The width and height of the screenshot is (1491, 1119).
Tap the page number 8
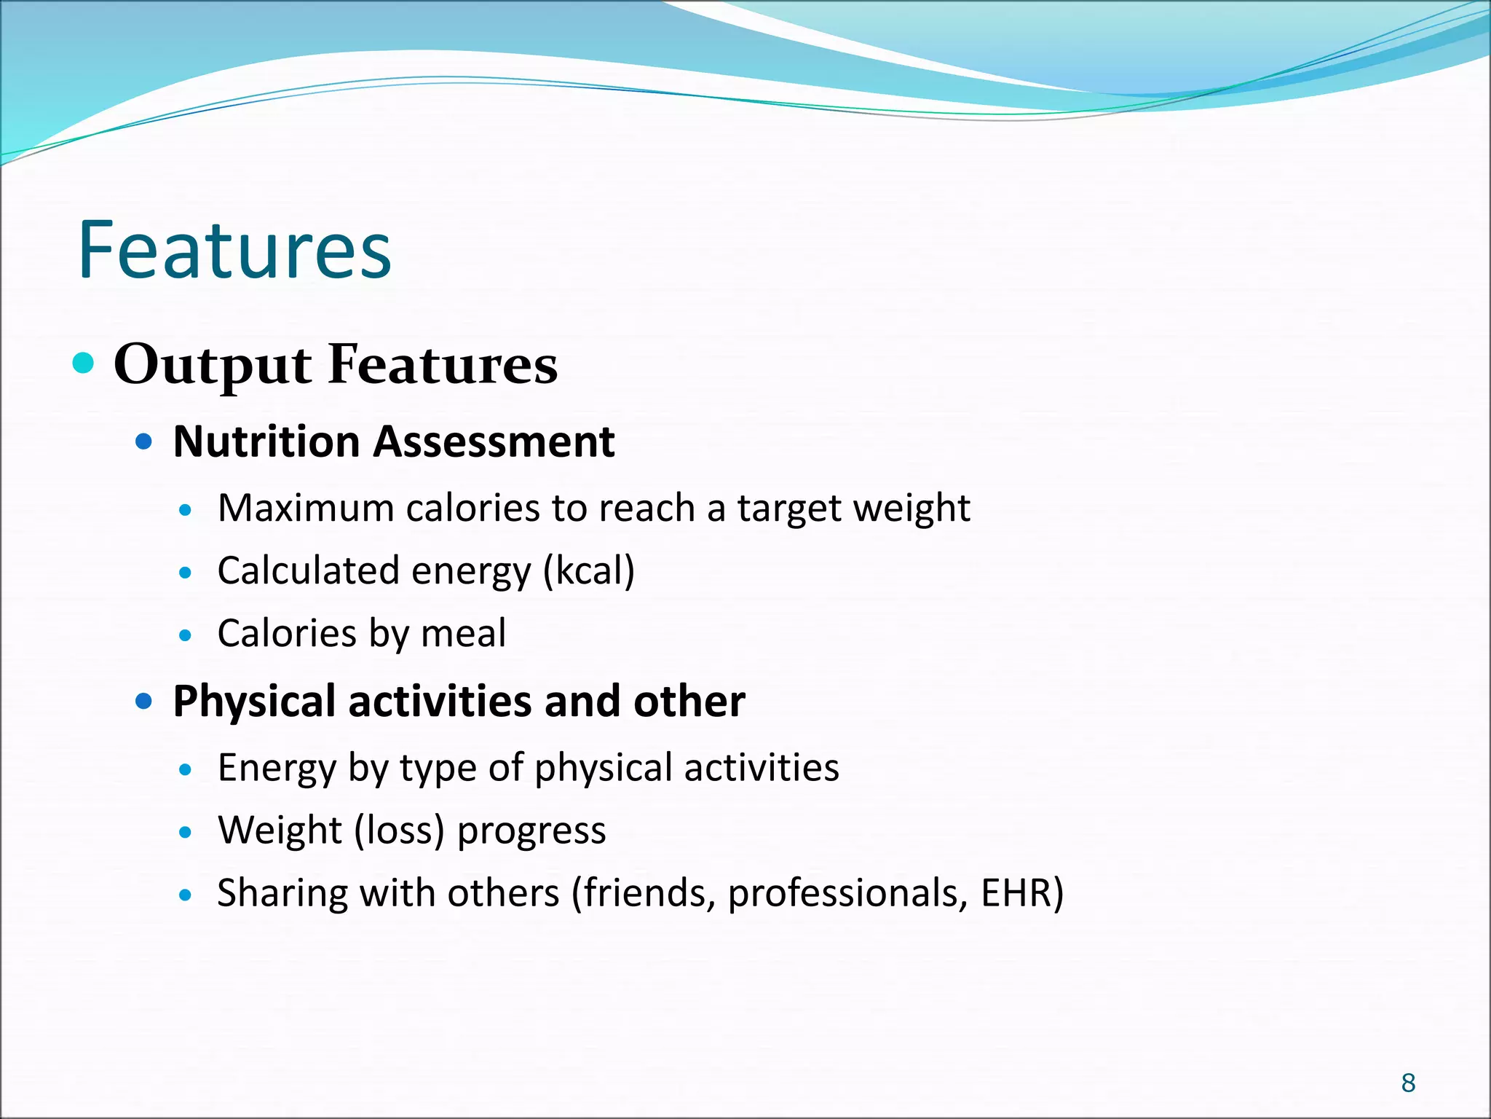pyautogui.click(x=1408, y=1083)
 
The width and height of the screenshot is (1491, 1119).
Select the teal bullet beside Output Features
pyautogui.click(x=84, y=362)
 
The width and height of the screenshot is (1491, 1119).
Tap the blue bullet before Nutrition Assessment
pyautogui.click(x=144, y=441)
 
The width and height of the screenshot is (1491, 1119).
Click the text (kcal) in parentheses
pyautogui.click(x=589, y=571)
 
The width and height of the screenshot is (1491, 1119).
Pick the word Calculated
pyautogui.click(x=308, y=570)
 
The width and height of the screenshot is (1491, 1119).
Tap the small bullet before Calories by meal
pyautogui.click(x=186, y=635)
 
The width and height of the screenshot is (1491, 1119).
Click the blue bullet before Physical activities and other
pyautogui.click(x=144, y=702)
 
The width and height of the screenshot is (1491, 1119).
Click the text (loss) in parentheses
pyautogui.click(x=399, y=831)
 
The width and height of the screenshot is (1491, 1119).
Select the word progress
pyautogui.click(x=531, y=832)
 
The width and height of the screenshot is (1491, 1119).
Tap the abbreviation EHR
pyautogui.click(x=1016, y=893)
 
